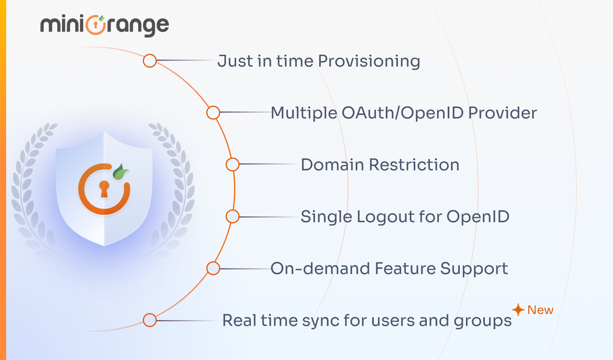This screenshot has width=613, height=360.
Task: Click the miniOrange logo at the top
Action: click(x=104, y=25)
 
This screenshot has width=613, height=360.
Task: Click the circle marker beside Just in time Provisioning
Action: click(x=150, y=61)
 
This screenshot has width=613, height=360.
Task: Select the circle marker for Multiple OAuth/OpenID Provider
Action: click(x=213, y=113)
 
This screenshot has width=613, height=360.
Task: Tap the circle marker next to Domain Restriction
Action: click(x=233, y=165)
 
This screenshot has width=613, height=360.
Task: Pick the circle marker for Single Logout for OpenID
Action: click(x=233, y=216)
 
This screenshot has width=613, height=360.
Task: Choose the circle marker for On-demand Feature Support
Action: click(x=213, y=268)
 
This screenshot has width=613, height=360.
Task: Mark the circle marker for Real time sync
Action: click(x=150, y=320)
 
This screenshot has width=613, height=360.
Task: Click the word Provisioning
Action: click(x=369, y=61)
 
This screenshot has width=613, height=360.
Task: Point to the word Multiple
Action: click(x=304, y=113)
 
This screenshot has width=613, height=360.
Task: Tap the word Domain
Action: click(x=332, y=165)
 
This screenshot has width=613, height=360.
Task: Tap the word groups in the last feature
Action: click(x=483, y=321)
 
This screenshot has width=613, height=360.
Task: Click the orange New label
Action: click(x=540, y=310)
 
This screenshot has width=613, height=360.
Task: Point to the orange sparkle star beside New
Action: click(x=518, y=310)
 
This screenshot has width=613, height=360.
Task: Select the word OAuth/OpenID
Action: click(x=402, y=113)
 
